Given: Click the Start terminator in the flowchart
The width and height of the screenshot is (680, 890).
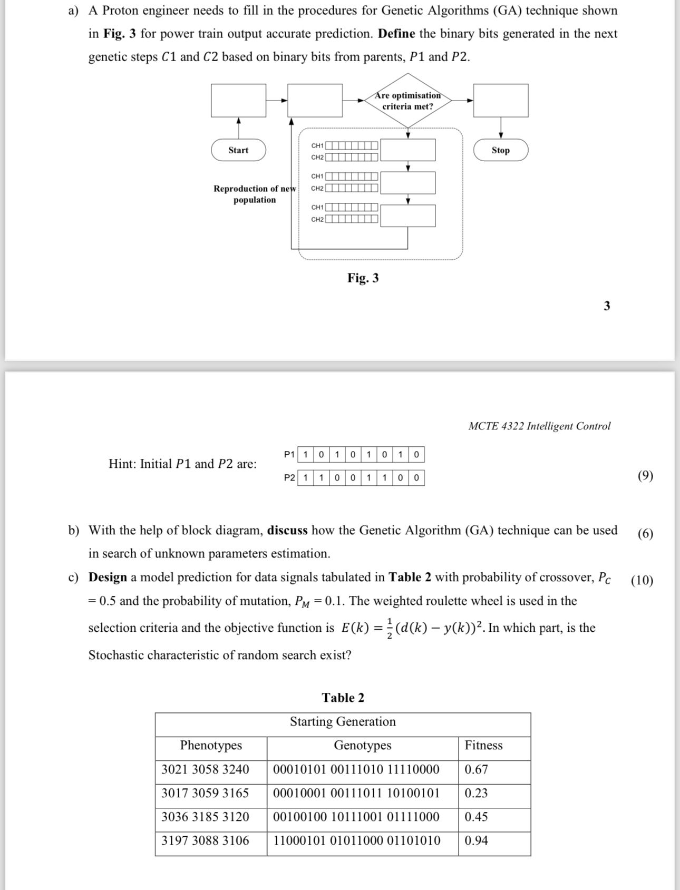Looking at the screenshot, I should click(x=238, y=150).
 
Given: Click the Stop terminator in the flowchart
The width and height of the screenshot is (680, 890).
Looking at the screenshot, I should click(x=500, y=150).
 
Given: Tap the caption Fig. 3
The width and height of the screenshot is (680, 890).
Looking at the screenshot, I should click(x=363, y=278).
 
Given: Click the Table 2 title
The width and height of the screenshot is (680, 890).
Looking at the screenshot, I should click(x=343, y=698).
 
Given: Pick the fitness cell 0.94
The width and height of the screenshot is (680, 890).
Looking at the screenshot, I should click(x=476, y=840).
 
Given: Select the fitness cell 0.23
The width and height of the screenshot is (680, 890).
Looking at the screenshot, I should click(x=476, y=793).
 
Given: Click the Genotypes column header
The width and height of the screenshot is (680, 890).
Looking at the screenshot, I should click(x=363, y=745).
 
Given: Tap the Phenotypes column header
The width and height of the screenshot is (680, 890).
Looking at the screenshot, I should click(x=211, y=745).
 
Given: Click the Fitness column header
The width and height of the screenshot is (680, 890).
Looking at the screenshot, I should click(x=483, y=745).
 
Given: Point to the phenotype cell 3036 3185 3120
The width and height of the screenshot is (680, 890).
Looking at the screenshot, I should click(x=205, y=817).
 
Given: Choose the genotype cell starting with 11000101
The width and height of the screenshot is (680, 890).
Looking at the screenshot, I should click(x=357, y=840).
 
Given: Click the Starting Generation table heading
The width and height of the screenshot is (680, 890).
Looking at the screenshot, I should click(x=343, y=721).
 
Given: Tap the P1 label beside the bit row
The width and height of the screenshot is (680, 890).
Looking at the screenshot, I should click(x=289, y=454).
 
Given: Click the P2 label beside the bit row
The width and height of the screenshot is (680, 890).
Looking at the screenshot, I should click(x=289, y=478).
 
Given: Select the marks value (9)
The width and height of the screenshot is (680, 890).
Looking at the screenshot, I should click(x=645, y=476).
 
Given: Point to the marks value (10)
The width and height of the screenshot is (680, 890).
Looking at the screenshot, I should click(x=642, y=581).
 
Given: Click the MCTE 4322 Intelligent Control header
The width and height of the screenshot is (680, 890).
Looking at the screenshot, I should click(x=539, y=426).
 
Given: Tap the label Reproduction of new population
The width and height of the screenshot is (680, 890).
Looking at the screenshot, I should click(x=255, y=194).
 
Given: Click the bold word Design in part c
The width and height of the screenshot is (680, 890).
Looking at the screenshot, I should click(x=108, y=577).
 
